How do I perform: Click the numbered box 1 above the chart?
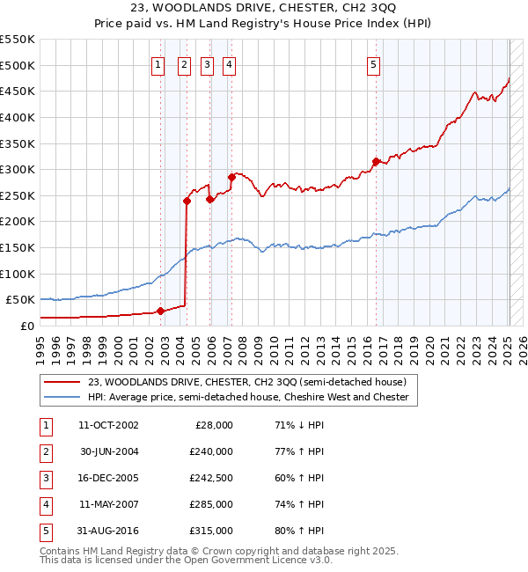pos(157,63)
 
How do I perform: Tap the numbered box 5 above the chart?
pos(374,63)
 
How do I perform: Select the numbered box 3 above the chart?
pos(207,63)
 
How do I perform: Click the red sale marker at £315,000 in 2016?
pos(376,161)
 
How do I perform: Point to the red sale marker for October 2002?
pos(160,310)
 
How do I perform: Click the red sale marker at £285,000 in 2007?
pos(231,177)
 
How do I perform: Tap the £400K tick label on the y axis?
pos(18,117)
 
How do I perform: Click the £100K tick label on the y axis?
pos(18,274)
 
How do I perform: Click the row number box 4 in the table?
pos(45,504)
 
